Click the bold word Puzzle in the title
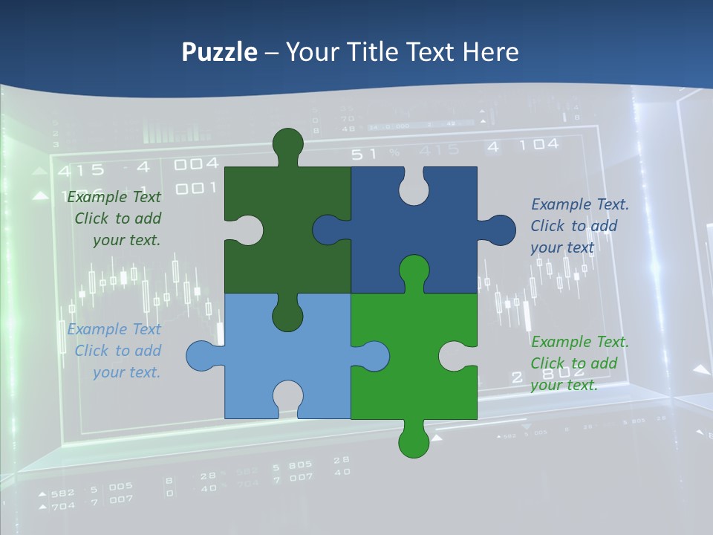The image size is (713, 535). coord(220,52)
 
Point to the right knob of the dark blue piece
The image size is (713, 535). coord(500,230)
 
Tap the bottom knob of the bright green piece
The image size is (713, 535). coord(414,441)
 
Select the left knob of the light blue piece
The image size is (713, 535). coord(202,356)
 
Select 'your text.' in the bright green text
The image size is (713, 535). coord(564,385)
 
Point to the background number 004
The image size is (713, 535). coord(197,163)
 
